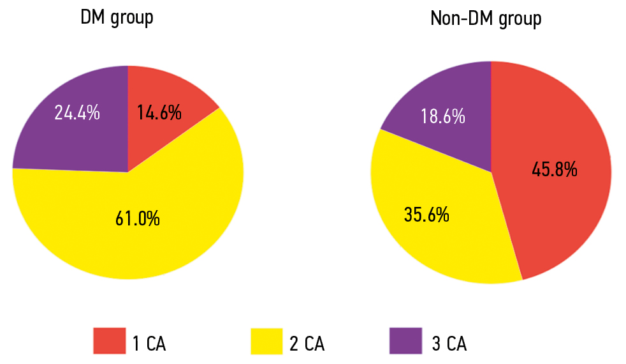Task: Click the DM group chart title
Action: (x=117, y=18)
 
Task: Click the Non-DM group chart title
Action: (x=486, y=19)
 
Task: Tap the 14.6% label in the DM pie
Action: (x=159, y=113)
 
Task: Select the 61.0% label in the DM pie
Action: (x=137, y=219)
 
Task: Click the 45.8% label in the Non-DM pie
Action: (x=555, y=169)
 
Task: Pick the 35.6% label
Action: (x=426, y=214)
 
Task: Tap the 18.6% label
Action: (x=442, y=117)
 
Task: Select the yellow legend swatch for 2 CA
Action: (x=266, y=340)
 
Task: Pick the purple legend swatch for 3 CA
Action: (x=405, y=340)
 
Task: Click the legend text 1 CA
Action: (x=149, y=344)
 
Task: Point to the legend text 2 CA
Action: (x=307, y=344)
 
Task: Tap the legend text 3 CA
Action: (x=449, y=344)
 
